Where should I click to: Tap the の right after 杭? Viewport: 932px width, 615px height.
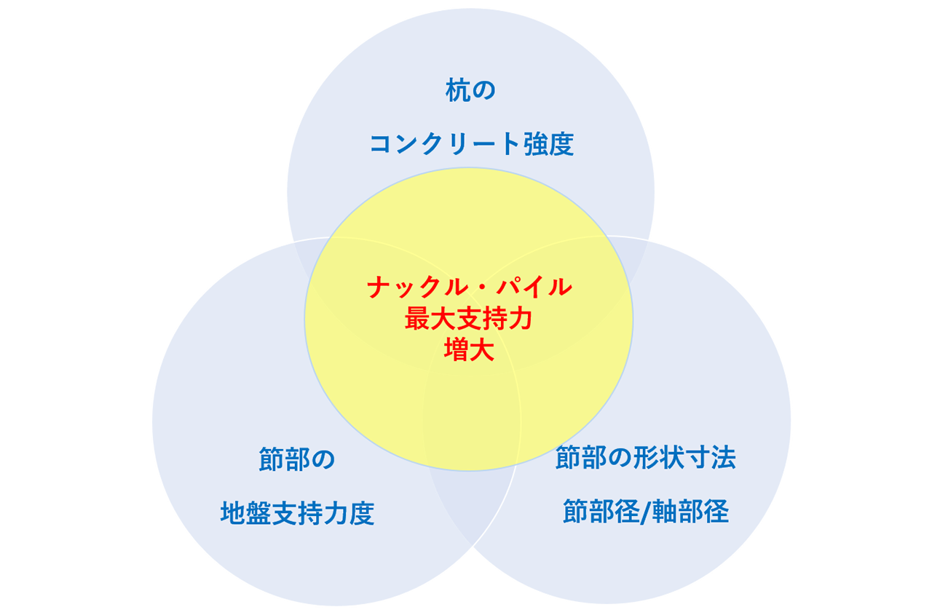483,92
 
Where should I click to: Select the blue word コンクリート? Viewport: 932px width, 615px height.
444,144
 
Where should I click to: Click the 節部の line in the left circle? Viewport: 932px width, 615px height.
296,460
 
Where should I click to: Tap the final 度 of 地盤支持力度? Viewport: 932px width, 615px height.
362,514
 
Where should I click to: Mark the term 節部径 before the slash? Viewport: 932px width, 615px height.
598,512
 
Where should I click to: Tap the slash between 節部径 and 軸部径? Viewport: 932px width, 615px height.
644,512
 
